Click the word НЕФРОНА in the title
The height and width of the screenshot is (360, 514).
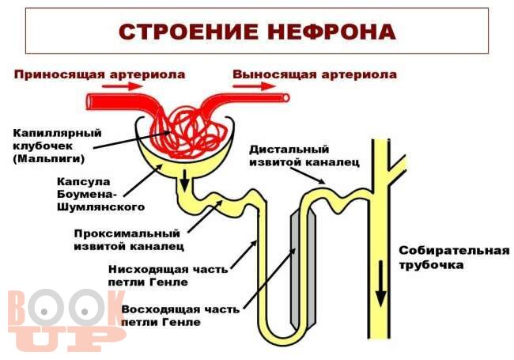(332, 32)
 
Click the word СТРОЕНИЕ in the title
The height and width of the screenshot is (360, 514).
(188, 32)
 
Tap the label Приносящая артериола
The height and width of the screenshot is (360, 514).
(100, 74)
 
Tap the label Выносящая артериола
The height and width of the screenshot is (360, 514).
(315, 74)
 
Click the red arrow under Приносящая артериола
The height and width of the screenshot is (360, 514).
(122, 86)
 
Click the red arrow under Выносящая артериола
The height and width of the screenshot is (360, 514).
(254, 86)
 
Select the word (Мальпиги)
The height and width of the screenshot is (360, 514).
(48, 159)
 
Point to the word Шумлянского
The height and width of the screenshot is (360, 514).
(101, 207)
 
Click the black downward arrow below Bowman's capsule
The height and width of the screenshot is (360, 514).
(184, 180)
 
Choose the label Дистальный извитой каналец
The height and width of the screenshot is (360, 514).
(304, 156)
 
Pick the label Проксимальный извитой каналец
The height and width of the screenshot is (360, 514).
(129, 240)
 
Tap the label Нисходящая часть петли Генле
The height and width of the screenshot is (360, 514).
(168, 276)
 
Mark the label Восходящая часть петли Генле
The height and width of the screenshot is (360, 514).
(180, 316)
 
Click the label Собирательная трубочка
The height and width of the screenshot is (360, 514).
(454, 258)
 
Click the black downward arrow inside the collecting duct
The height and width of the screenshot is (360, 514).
(380, 284)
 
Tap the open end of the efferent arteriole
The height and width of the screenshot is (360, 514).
(286, 97)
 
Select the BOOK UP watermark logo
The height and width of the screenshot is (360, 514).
(67, 320)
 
